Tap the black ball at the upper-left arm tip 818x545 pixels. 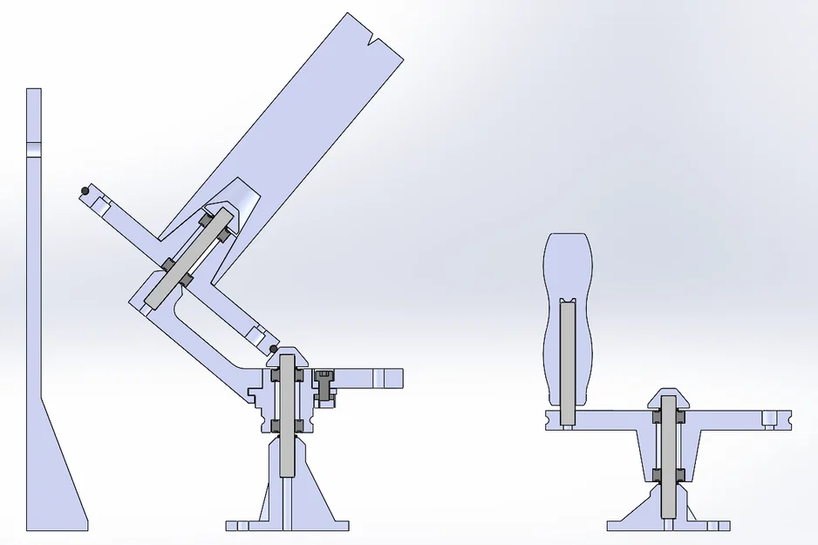pyautogui.click(x=84, y=190)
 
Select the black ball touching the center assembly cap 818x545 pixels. pyautogui.click(x=274, y=350)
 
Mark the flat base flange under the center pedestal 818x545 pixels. pyautogui.click(x=287, y=526)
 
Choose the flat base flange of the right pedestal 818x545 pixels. pyautogui.click(x=668, y=526)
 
